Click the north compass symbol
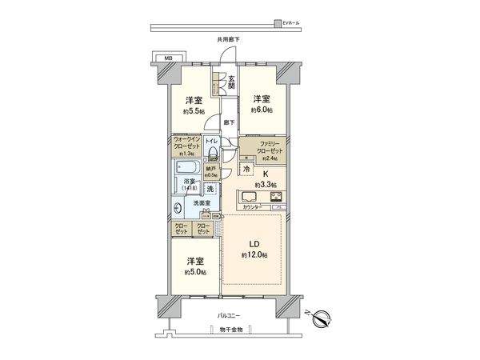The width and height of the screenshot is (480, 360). pyautogui.click(x=323, y=318)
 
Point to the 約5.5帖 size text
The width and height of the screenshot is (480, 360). pyautogui.click(x=193, y=111)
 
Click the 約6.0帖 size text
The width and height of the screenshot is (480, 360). pyautogui.click(x=261, y=110)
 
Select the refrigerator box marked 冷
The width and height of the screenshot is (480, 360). pyautogui.click(x=248, y=170)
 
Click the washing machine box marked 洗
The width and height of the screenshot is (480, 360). pyautogui.click(x=210, y=190)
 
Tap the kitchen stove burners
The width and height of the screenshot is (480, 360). pyautogui.click(x=276, y=196)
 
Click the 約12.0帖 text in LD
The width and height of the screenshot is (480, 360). pyautogui.click(x=254, y=254)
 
